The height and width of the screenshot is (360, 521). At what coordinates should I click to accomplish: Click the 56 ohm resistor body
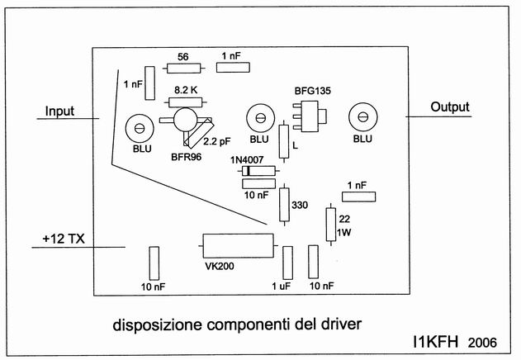(x=183, y=69)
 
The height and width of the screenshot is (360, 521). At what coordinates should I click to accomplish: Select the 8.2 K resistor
(x=184, y=102)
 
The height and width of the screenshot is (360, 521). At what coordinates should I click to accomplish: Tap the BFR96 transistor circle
(x=186, y=121)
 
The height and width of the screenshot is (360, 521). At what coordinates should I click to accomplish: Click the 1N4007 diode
(x=256, y=171)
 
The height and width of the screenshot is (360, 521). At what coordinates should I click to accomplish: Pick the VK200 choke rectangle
(x=237, y=245)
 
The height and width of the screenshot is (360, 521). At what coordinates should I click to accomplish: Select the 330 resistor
(x=285, y=201)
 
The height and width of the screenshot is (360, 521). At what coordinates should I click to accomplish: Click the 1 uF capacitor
(x=287, y=263)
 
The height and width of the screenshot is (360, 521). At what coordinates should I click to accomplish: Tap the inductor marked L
(x=284, y=141)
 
